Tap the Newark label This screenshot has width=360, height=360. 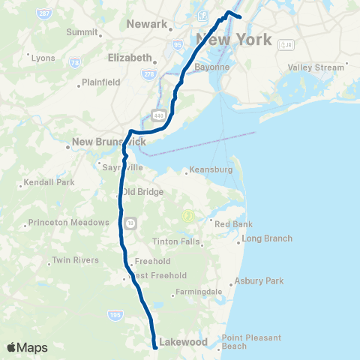(147, 24)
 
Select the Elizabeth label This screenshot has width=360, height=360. (130, 57)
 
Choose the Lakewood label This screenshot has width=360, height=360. (183, 342)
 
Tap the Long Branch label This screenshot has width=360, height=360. (267, 238)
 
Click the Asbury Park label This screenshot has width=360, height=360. (259, 281)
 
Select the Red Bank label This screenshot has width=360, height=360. (233, 224)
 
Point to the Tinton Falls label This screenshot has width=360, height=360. (176, 241)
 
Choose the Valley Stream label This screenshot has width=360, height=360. (316, 67)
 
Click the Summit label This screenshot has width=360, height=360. (82, 33)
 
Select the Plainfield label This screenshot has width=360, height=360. (100, 82)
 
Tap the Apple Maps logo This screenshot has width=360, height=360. (27, 347)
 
